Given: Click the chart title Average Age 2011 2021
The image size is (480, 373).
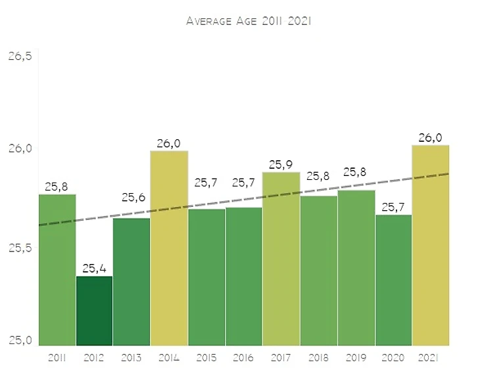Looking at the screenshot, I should click(249, 21).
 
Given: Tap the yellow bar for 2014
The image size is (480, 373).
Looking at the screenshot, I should click(169, 263).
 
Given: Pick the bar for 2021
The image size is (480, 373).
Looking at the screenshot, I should click(431, 263).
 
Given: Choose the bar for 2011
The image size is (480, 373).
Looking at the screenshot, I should click(57, 276).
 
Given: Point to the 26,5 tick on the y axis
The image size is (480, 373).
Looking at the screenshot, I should click(20, 56).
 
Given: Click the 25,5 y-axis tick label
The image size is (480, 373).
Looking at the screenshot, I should click(20, 248).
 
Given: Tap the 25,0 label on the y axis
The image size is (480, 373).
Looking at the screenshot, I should click(20, 340).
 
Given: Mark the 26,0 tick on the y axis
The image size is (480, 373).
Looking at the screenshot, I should click(20, 148).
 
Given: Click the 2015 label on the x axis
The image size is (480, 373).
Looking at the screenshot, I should click(206, 357).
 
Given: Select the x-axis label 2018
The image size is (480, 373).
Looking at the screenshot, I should click(319, 357).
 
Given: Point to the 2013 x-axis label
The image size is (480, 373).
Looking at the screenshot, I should click(132, 357).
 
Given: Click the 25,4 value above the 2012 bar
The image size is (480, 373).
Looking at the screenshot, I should click(94, 269).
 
